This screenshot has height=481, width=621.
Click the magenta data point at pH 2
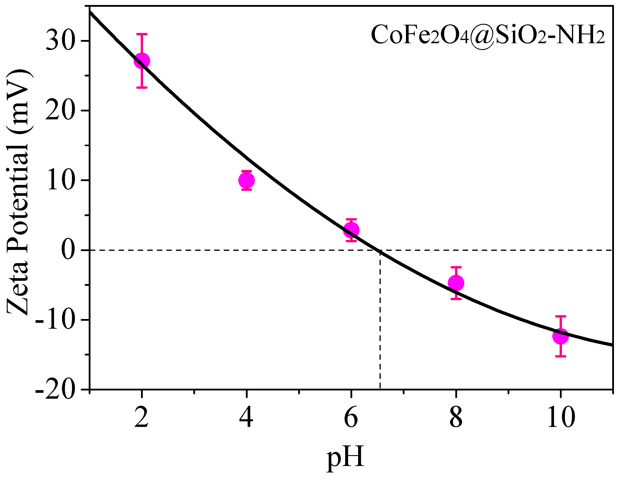142,61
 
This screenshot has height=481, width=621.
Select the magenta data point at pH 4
247,180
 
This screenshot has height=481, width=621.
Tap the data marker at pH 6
351,230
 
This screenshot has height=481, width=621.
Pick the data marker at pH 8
456,283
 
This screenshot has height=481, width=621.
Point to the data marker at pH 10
560,336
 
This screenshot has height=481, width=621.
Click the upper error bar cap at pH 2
142,34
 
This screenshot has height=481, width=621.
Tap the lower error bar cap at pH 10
560,356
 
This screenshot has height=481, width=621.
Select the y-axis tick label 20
59,111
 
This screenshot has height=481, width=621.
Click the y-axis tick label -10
54,320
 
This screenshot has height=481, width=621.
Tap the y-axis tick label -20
54,390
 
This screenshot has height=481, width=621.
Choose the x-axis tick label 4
246,417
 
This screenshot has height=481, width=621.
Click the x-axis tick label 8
456,417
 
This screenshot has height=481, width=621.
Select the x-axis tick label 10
560,417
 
